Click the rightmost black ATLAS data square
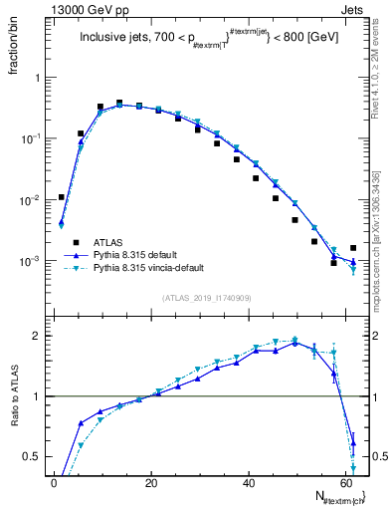coord(353,248)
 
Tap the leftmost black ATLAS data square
coord(62,197)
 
